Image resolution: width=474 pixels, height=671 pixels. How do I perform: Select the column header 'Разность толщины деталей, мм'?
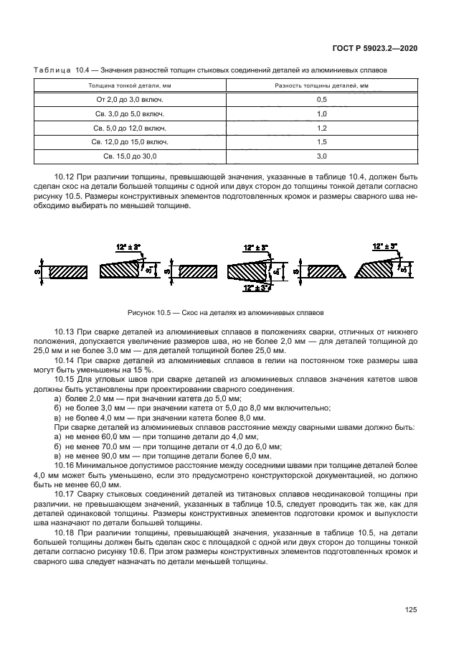point(321,85)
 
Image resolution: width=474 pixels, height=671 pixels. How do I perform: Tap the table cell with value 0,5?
point(321,100)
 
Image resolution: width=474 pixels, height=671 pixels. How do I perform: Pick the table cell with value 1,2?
point(321,128)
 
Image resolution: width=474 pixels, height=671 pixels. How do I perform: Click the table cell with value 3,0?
point(321,156)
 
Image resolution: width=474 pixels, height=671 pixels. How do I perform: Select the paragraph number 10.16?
point(65,465)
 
